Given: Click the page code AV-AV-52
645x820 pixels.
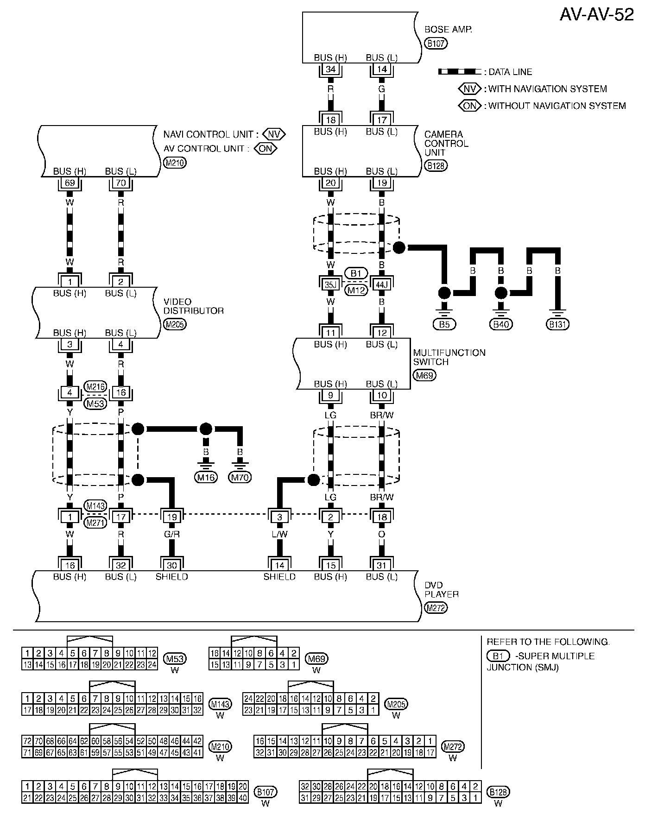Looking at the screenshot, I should tap(596, 15).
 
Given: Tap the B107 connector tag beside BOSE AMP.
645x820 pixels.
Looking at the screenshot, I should tap(436, 44).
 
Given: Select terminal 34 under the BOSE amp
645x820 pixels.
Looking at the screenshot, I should tap(330, 69).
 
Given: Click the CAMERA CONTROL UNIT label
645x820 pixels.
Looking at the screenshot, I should tap(446, 143).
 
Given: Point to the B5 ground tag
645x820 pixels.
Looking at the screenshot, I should tap(444, 324).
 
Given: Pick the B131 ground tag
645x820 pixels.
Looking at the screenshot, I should tap(558, 324).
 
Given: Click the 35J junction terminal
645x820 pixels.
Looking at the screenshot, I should tap(330, 285).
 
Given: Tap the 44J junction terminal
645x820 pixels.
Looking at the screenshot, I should tap(382, 285).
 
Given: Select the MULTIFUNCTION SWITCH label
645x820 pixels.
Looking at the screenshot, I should tap(449, 357).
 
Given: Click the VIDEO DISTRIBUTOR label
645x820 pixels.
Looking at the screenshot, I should tap(193, 306).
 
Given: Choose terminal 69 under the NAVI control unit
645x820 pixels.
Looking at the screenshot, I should tap(70, 183).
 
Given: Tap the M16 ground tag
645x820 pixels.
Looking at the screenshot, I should tap(206, 477).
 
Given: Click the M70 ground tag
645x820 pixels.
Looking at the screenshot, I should tap(240, 477).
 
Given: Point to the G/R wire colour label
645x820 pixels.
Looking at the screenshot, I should tap(172, 534).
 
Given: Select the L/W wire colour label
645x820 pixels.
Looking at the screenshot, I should tap(279, 534).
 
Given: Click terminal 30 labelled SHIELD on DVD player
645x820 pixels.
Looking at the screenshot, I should tap(172, 565).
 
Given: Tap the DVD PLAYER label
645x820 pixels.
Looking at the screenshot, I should tap(441, 589).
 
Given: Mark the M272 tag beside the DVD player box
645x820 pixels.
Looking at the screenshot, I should tap(436, 608).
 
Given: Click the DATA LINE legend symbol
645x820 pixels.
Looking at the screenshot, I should tap(459, 72).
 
